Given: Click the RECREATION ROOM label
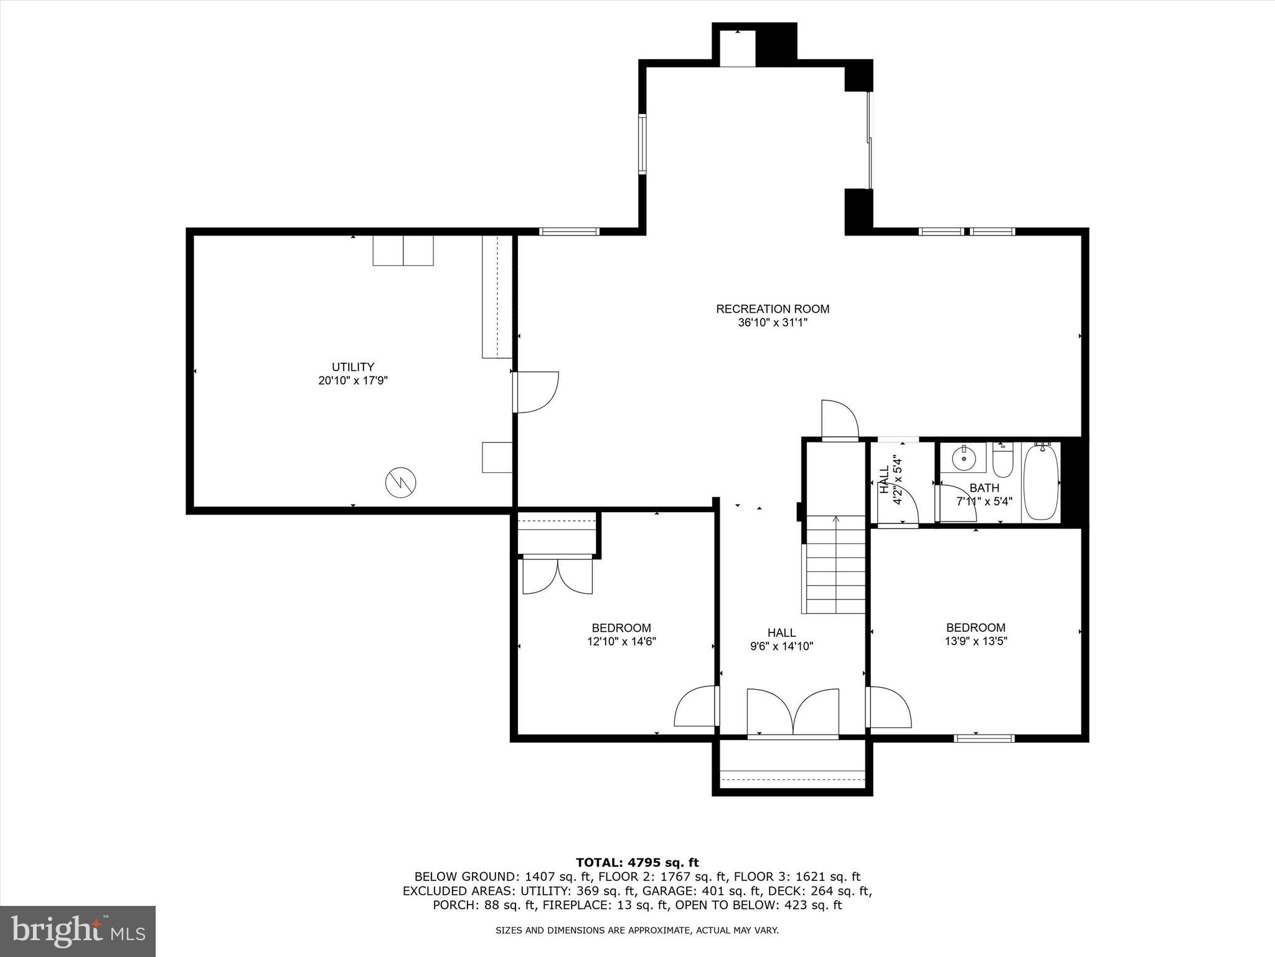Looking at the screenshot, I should (773, 309).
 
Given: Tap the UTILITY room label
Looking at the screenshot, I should (353, 367).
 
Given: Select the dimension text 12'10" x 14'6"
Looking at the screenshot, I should (621, 641).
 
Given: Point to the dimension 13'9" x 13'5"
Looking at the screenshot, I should (976, 640).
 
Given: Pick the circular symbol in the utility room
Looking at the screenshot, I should (401, 482).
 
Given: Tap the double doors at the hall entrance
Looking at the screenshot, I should (793, 712).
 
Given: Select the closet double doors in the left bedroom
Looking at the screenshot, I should (557, 576).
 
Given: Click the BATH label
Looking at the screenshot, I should (984, 488).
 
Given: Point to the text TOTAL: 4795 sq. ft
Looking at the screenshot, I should (637, 863).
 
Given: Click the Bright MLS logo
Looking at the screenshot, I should (78, 931).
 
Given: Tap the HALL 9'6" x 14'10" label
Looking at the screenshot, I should (781, 640).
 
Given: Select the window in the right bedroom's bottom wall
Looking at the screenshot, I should (984, 739).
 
